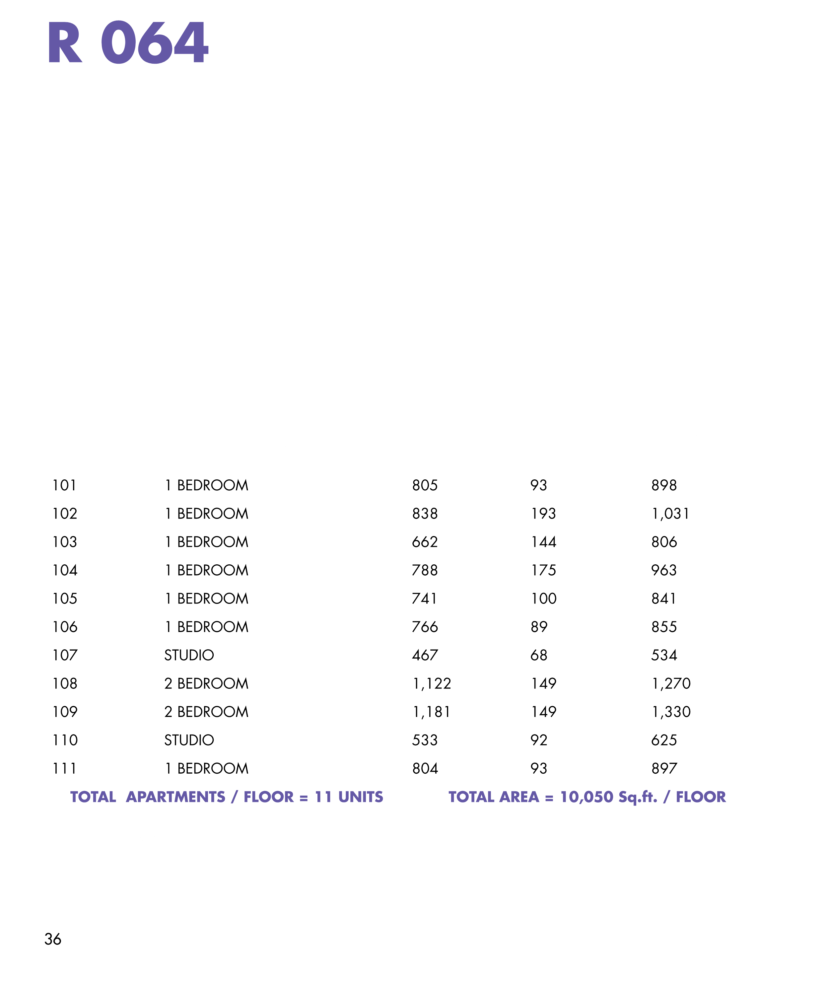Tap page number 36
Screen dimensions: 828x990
pyautogui.click(x=53, y=939)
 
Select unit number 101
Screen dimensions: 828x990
pyautogui.click(x=65, y=485)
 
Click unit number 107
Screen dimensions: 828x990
pyautogui.click(x=65, y=655)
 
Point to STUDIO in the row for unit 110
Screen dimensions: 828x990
pyautogui.click(x=189, y=740)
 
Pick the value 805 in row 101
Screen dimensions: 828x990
pyautogui.click(x=425, y=485)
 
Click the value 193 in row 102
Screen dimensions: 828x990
pyautogui.click(x=544, y=513)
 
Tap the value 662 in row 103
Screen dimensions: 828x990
pyautogui.click(x=425, y=542)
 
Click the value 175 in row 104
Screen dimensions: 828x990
pyautogui.click(x=544, y=570)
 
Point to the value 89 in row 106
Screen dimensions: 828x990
pyautogui.click(x=539, y=626)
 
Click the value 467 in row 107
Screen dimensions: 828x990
pyautogui.click(x=425, y=655)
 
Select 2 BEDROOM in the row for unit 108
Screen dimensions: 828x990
pyautogui.click(x=206, y=683)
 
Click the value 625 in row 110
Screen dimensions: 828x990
pyautogui.click(x=664, y=740)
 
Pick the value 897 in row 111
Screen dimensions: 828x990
pyautogui.click(x=664, y=768)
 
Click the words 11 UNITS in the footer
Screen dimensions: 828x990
pyautogui.click(x=349, y=796)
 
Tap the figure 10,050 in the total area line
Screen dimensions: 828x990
pyautogui.click(x=587, y=797)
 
